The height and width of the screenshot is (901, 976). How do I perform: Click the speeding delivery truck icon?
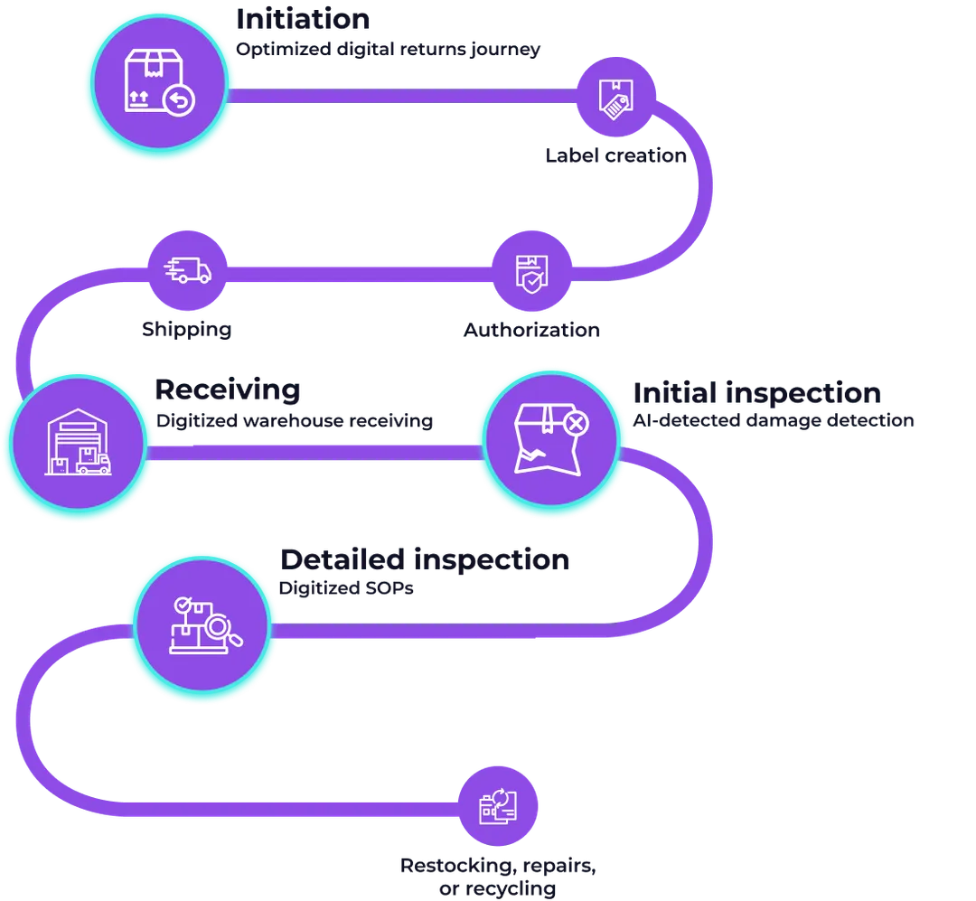pyautogui.click(x=187, y=268)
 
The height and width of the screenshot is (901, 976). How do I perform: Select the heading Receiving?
pyautogui.click(x=226, y=389)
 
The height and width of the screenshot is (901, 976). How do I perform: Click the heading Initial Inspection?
pyautogui.click(x=754, y=392)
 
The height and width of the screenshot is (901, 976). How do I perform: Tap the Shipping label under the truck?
pyautogui.click(x=184, y=329)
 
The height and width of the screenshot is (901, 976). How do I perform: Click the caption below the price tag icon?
pyautogui.click(x=614, y=157)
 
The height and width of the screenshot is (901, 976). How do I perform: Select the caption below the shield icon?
pyautogui.click(x=530, y=329)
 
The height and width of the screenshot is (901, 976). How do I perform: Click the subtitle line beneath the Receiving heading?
pyautogui.click(x=296, y=421)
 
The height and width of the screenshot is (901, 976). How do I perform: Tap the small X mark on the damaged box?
pyautogui.click(x=576, y=422)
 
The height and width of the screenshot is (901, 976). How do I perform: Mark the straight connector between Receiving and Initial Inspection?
pyautogui.click(x=313, y=452)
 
